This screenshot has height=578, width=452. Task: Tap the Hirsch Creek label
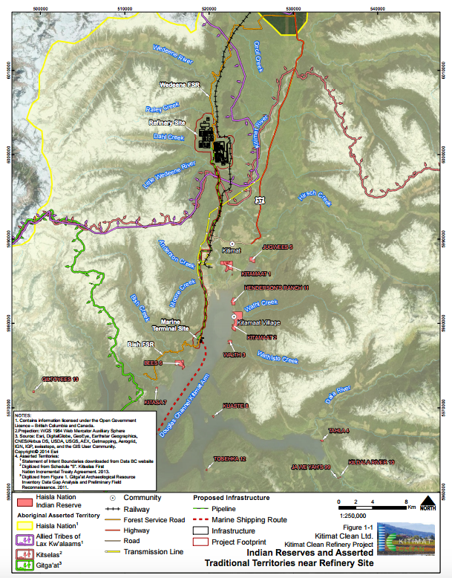(x=316, y=197)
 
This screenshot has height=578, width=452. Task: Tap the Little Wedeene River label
(x=159, y=175)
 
